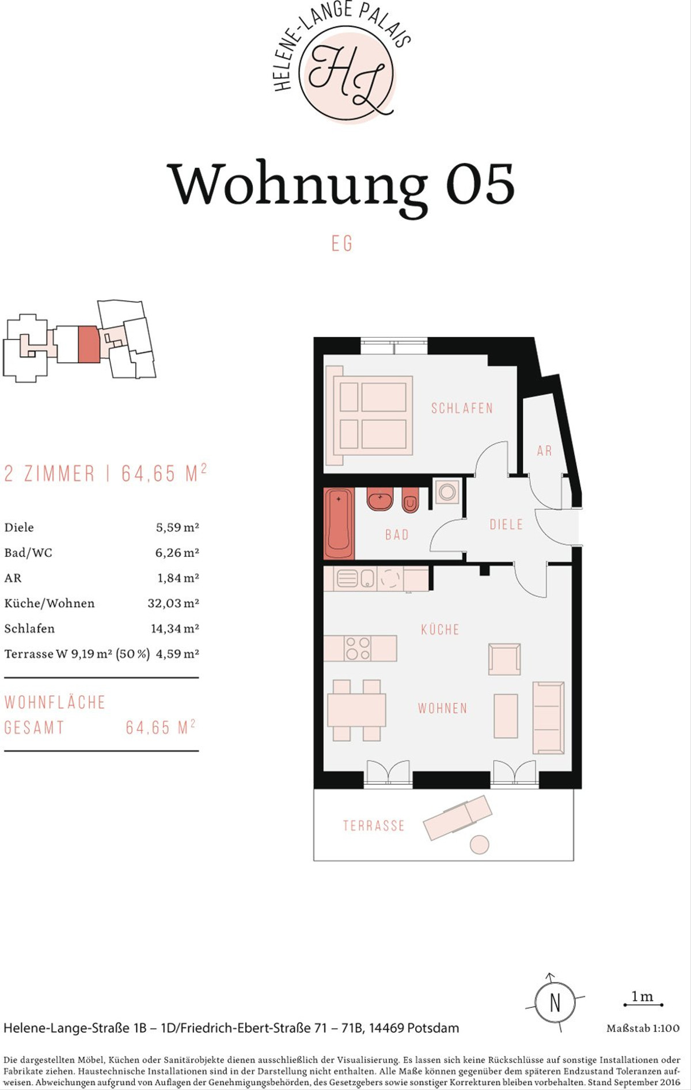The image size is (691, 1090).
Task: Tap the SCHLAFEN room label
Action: [462, 408]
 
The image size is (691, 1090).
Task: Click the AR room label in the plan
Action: [544, 451]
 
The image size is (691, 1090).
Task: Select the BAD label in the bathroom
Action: [397, 535]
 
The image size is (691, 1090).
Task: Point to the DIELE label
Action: [506, 524]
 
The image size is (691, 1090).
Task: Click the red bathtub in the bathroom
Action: [339, 524]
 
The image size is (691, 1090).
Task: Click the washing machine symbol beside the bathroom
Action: [447, 491]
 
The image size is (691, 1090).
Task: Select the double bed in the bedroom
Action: [370, 415]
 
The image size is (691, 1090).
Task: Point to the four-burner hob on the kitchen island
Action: [358, 648]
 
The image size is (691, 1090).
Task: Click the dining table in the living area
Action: [356, 710]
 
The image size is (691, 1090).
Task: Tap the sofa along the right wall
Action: [548, 718]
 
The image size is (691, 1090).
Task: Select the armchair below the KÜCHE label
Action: [504, 659]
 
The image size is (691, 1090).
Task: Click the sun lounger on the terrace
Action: [458, 818]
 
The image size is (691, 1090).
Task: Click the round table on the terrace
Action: [479, 845]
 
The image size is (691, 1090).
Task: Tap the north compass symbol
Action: [555, 1002]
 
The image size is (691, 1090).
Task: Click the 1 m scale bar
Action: [643, 1005]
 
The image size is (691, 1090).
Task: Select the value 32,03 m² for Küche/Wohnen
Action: [173, 603]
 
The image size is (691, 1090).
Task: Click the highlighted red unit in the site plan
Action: [89, 344]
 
